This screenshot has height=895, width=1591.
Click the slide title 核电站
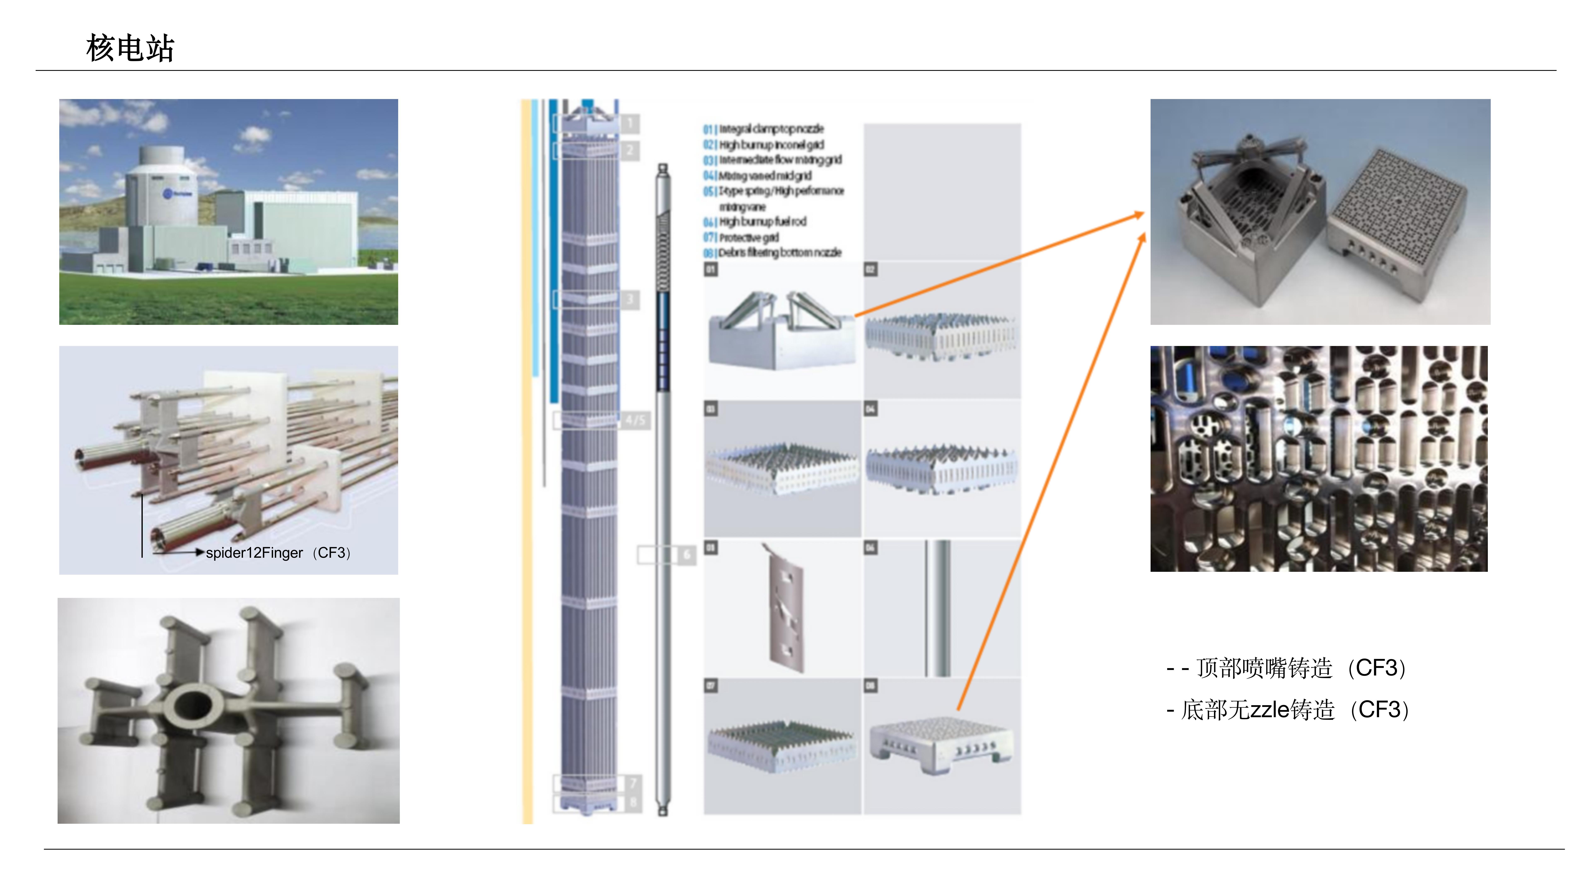pyautogui.click(x=130, y=48)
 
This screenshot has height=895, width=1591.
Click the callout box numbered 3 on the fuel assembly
pyautogui.click(x=629, y=300)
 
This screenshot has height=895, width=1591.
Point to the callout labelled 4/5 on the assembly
pyautogui.click(x=634, y=420)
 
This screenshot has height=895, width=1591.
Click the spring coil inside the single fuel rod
pyautogui.click(x=663, y=253)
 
